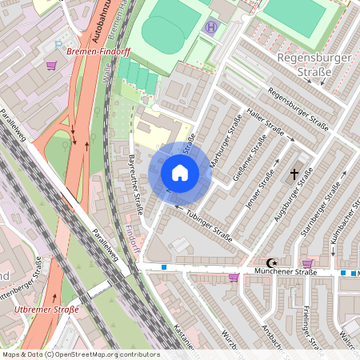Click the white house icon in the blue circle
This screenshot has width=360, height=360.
pos(180,173)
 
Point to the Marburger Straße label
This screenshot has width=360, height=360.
pos(225,142)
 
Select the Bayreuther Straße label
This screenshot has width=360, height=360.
pos(135,186)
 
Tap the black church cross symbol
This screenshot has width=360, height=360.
pos(294,174)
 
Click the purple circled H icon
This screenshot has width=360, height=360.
pos(211,27)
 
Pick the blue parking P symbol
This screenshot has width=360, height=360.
pos(58,45)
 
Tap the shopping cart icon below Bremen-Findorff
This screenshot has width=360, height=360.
pos(52,66)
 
